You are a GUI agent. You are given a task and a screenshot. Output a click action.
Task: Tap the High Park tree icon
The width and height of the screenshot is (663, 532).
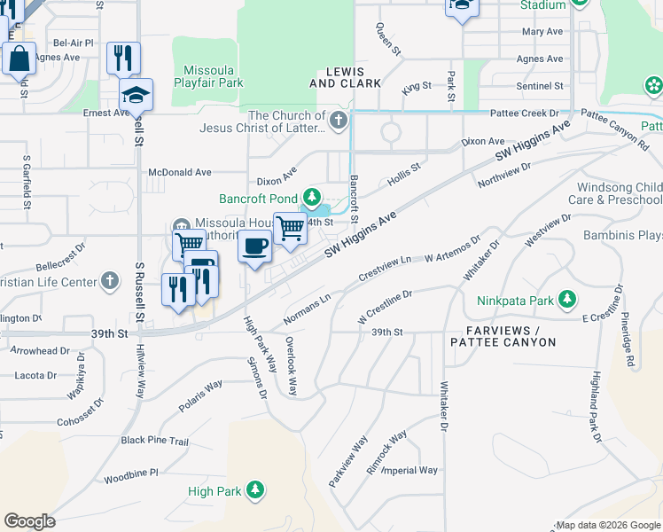coord(256,489)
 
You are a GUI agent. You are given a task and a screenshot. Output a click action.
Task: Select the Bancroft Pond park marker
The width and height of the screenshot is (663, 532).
coord(311,197)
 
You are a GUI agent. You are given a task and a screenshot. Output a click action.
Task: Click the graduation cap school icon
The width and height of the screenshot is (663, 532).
coord(136,94)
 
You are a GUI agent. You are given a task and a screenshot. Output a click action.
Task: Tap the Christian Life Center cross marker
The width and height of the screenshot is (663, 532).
coord(110,281)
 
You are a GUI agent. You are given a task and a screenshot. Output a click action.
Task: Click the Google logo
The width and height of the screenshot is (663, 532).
coord(29,520)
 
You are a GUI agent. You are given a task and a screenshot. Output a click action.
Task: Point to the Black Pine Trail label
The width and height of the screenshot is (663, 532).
coord(155,441)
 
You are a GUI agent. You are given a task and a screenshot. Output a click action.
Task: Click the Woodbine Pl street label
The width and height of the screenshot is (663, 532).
coord(130,473)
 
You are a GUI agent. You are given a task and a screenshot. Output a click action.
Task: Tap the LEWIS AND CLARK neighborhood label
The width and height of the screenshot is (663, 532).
coord(353,77)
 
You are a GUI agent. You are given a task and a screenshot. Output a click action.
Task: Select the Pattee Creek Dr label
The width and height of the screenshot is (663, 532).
coord(528,113)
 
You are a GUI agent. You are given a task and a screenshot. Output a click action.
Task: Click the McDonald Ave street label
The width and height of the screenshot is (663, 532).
coord(180,172)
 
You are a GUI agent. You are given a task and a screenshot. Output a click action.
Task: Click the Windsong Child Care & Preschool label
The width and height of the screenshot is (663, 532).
coord(620,193)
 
